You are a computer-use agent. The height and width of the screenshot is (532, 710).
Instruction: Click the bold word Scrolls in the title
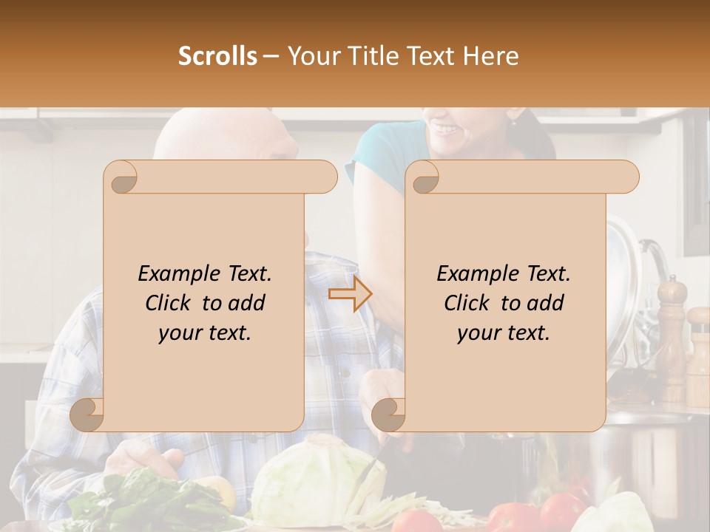point(218,56)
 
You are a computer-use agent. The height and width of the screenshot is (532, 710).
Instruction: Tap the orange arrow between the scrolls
point(351,294)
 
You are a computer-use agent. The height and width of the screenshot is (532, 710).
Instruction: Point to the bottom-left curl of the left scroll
point(87,415)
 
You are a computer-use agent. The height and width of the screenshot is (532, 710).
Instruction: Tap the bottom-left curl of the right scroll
point(389,415)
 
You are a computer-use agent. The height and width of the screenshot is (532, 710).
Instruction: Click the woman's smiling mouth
point(446,129)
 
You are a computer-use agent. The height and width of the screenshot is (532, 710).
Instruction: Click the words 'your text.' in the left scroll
point(205,333)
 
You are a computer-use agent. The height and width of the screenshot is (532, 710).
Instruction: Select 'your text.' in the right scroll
point(504,333)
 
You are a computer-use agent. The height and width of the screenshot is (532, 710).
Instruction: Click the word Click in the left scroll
point(171,304)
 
